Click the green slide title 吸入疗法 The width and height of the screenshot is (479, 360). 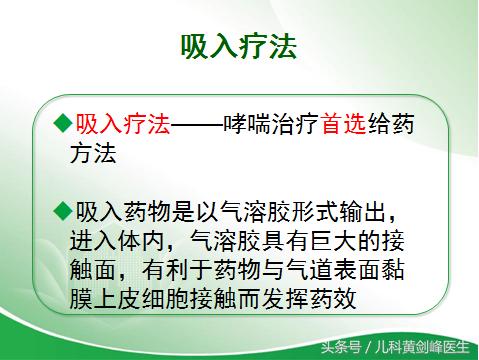238,47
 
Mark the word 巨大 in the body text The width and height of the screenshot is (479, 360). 345,240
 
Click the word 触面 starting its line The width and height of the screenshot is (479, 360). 98,269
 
